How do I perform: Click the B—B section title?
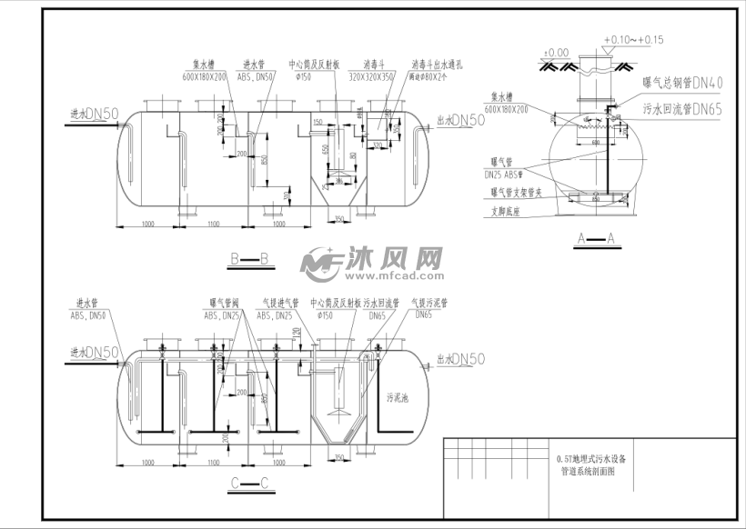[x=247, y=261]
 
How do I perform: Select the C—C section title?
[x=247, y=483]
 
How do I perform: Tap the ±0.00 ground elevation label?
[x=555, y=53]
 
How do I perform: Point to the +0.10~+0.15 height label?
[x=633, y=40]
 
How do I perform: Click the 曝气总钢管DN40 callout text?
[x=682, y=83]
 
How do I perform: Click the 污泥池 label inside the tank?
[x=400, y=397]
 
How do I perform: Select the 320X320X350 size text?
[x=375, y=77]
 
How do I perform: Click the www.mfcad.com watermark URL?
[x=393, y=274]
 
